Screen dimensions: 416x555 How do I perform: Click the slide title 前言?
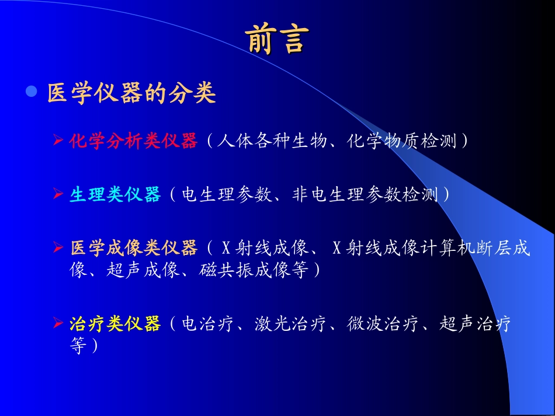click(x=276, y=40)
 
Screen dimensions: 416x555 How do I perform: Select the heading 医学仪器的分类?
click(x=132, y=93)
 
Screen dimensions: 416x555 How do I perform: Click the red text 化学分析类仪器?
click(x=133, y=142)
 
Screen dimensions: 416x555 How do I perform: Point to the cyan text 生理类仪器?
click(x=115, y=195)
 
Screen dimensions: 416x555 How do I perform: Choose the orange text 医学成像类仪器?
click(x=133, y=249)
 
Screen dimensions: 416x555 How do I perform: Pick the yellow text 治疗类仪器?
click(x=115, y=324)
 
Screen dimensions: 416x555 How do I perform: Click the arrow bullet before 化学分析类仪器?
click(x=58, y=141)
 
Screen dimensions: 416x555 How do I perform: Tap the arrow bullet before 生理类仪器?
click(x=58, y=194)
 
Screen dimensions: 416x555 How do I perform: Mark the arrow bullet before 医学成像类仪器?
click(x=58, y=248)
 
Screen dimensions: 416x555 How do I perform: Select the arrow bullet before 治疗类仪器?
click(x=58, y=323)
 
